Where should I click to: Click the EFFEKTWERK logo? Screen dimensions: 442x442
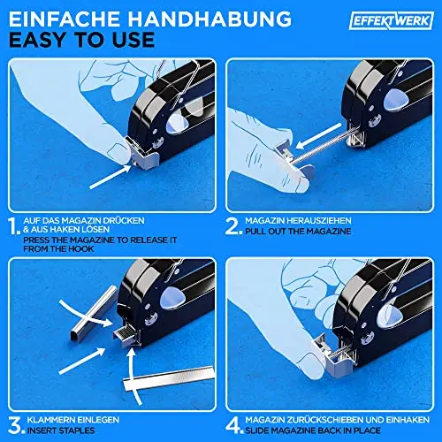pyautogui.click(x=392, y=20)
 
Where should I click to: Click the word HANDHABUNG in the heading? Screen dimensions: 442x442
pyautogui.click(x=210, y=19)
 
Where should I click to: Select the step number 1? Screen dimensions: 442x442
pyautogui.click(x=14, y=226)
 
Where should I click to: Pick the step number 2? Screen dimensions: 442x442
pyautogui.click(x=234, y=226)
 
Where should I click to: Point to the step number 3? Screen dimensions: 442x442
pyautogui.click(x=16, y=425)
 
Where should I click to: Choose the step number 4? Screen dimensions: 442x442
pyautogui.click(x=234, y=425)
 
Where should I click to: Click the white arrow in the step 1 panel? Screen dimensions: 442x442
pyautogui.click(x=110, y=177)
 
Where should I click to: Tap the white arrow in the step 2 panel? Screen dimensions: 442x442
pyautogui.click(x=318, y=136)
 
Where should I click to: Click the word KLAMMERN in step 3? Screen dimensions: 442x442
pyautogui.click(x=50, y=420)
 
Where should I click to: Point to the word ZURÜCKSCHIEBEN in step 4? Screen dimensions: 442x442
pyautogui.click(x=331, y=420)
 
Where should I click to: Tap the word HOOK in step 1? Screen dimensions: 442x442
pyautogui.click(x=81, y=249)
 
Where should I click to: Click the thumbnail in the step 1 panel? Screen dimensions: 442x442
pyautogui.click(x=118, y=151)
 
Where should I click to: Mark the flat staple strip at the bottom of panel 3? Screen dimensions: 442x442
pyautogui.click(x=169, y=379)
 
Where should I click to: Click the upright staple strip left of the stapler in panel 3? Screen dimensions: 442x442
pyautogui.click(x=94, y=313)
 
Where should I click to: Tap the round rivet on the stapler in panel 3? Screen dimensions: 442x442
pyautogui.click(x=150, y=319)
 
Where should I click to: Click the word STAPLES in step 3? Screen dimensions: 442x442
pyautogui.click(x=77, y=431)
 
